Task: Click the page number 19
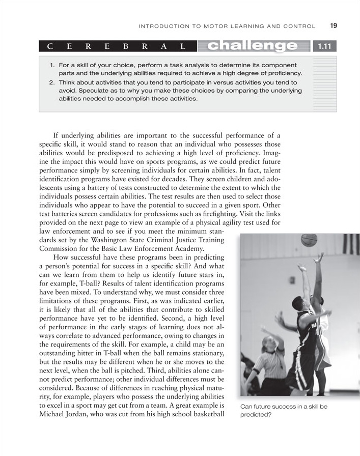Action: (334, 26)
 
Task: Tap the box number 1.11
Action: (325, 47)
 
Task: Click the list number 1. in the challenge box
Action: (52, 66)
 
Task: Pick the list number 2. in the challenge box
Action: (52, 82)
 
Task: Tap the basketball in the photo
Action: (309, 240)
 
